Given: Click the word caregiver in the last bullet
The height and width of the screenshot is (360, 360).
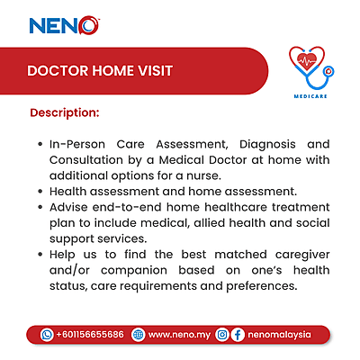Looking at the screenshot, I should [x=292, y=255].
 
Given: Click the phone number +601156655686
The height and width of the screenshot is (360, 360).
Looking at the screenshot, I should [x=90, y=334].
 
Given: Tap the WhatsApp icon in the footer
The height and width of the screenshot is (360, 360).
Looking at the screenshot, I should [x=48, y=334].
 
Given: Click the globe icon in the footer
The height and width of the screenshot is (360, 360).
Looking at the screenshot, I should [x=138, y=334].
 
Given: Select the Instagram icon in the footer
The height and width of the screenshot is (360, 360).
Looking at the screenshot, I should [x=220, y=334].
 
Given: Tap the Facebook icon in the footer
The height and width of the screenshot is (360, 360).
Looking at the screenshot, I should [x=237, y=334].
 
